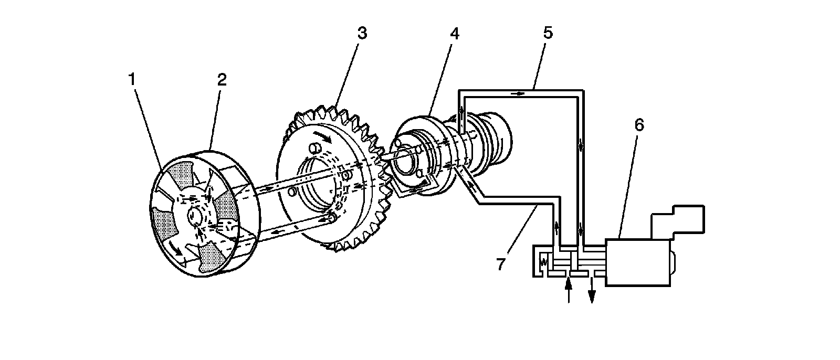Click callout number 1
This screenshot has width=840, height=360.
(132, 79)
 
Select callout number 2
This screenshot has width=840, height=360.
(222, 79)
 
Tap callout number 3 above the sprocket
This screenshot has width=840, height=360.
(362, 33)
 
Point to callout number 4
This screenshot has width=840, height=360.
(454, 33)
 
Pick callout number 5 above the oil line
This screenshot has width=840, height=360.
(548, 33)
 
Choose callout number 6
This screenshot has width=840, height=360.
(639, 125)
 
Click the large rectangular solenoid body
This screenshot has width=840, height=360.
(638, 262)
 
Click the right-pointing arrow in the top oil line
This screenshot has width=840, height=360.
(518, 93)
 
